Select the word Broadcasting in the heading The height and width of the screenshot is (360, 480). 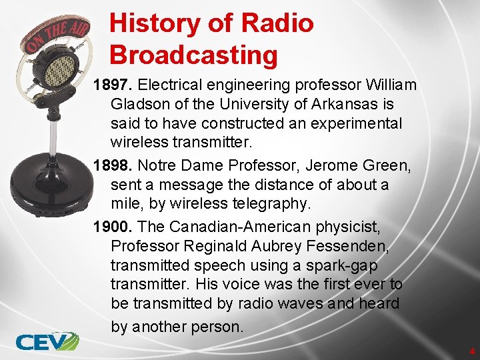(193, 55)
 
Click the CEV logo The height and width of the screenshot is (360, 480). (47, 341)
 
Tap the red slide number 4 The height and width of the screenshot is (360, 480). (471, 351)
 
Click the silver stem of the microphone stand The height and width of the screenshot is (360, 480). (53, 133)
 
